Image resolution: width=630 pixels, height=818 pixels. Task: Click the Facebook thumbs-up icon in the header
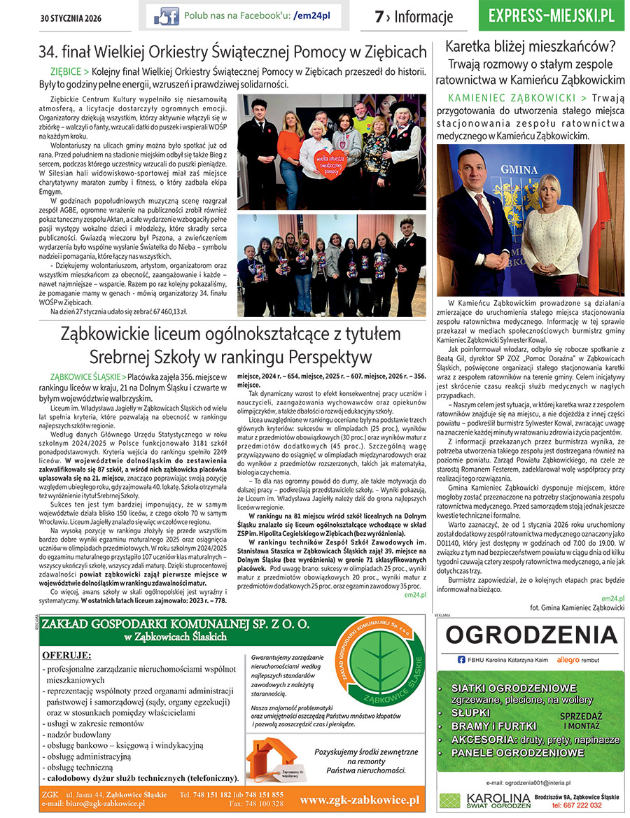tap(166, 15)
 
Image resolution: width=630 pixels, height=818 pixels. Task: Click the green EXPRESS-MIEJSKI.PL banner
tap(552, 16)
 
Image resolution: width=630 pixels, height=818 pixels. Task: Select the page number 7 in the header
tap(379, 17)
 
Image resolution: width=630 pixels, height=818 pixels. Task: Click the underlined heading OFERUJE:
tap(66, 654)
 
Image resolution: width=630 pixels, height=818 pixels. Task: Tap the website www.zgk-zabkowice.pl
tap(359, 800)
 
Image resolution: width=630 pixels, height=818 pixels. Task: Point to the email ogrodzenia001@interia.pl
tap(529, 782)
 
